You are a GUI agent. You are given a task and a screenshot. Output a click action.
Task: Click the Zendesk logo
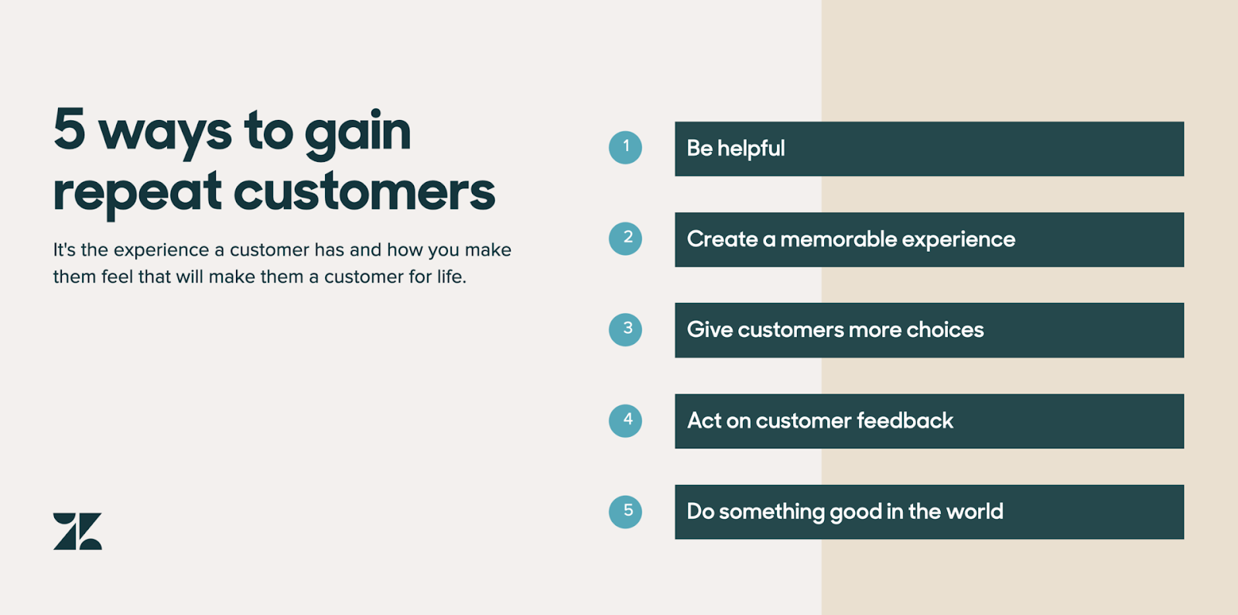(x=77, y=531)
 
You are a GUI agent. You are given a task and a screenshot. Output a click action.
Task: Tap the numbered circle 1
(x=625, y=148)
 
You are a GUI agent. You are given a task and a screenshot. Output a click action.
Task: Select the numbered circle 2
(x=625, y=239)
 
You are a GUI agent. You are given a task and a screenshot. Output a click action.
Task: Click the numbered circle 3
(x=625, y=330)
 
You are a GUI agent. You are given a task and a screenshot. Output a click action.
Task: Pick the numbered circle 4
(x=625, y=421)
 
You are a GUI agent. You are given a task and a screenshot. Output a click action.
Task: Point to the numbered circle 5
(x=625, y=511)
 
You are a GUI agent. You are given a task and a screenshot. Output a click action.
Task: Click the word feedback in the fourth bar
(x=905, y=421)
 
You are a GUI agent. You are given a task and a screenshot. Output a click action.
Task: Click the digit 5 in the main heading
(x=70, y=129)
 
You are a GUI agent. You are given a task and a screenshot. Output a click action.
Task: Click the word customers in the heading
(x=364, y=191)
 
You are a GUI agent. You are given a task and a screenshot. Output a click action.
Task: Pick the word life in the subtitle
(x=450, y=276)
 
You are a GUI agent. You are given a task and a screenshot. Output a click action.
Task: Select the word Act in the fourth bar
(x=704, y=421)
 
